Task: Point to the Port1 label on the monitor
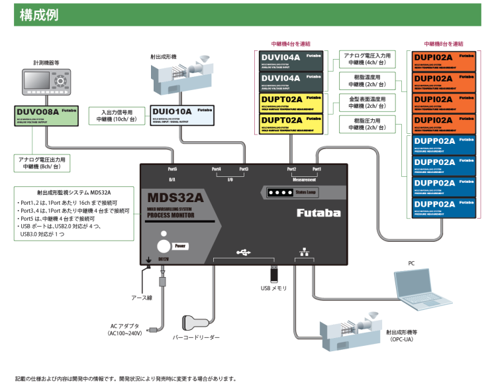coord(317,170)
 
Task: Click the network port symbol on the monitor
coord(303,252)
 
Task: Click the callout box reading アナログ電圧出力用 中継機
coord(46,163)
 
